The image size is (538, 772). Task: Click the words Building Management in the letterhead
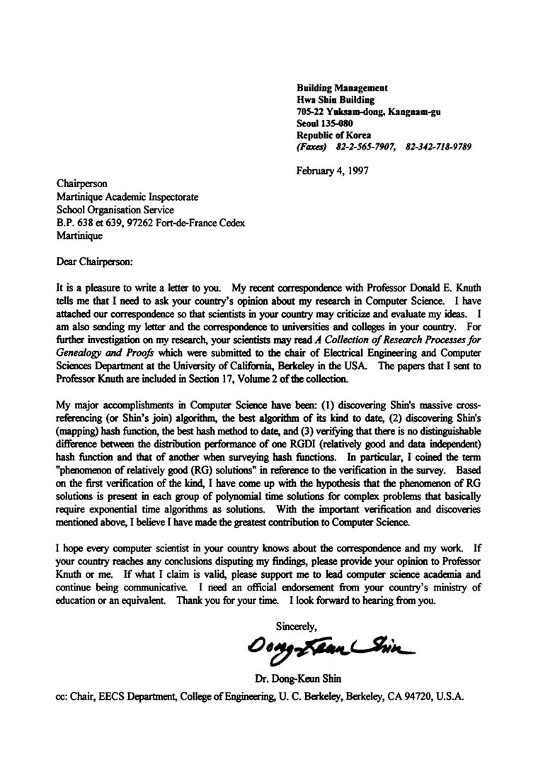tap(342, 87)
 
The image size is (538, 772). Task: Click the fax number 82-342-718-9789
tap(438, 147)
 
